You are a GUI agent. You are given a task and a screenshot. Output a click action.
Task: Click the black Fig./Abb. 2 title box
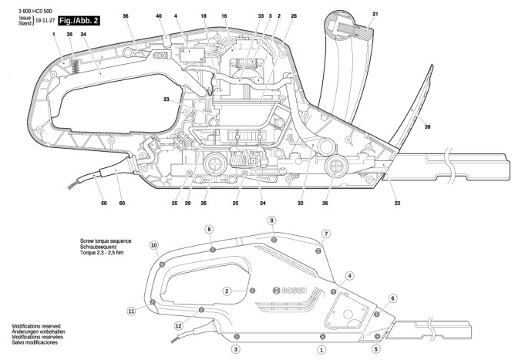(x=79, y=20)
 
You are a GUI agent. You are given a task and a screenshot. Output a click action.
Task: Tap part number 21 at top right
(x=375, y=14)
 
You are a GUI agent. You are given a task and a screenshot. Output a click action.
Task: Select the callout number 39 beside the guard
(x=427, y=127)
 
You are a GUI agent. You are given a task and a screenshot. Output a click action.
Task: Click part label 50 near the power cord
(x=104, y=203)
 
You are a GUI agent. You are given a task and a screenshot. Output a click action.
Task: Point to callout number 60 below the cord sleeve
(x=123, y=203)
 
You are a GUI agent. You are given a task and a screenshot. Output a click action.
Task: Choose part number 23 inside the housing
(x=167, y=99)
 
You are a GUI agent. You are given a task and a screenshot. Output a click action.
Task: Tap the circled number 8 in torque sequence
(x=271, y=220)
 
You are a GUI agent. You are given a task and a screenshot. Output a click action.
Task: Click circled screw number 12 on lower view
(x=178, y=325)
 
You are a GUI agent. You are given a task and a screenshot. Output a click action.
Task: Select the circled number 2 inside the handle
(x=227, y=291)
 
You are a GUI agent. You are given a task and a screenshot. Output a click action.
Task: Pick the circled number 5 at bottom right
(x=376, y=349)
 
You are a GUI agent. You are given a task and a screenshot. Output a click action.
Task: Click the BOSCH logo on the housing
(x=290, y=291)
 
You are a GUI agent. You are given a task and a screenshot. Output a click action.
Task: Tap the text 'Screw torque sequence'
(x=106, y=241)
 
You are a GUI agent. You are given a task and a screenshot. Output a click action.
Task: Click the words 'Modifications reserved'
(x=36, y=326)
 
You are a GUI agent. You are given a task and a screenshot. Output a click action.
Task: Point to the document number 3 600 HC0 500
(x=35, y=11)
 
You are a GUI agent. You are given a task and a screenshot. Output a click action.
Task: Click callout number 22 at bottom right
(x=397, y=203)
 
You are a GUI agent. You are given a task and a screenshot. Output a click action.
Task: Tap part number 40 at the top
(x=159, y=15)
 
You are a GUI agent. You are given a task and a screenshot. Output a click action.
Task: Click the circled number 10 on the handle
(x=154, y=245)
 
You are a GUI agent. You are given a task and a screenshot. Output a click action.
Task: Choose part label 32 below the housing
(x=301, y=203)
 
